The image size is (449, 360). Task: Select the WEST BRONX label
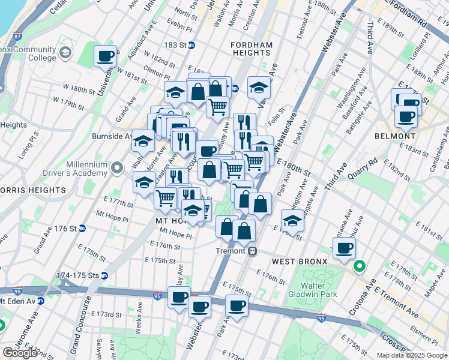tap(299, 262)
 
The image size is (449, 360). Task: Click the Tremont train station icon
tap(253, 251)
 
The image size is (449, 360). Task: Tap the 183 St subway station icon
tap(191, 45)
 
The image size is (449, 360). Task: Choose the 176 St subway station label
tap(58, 229)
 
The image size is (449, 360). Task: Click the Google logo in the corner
tap(20, 352)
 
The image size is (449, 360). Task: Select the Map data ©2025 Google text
tap(411, 355)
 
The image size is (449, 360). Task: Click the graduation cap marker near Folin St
tap(259, 87)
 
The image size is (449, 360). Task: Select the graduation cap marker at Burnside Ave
tap(143, 141)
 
